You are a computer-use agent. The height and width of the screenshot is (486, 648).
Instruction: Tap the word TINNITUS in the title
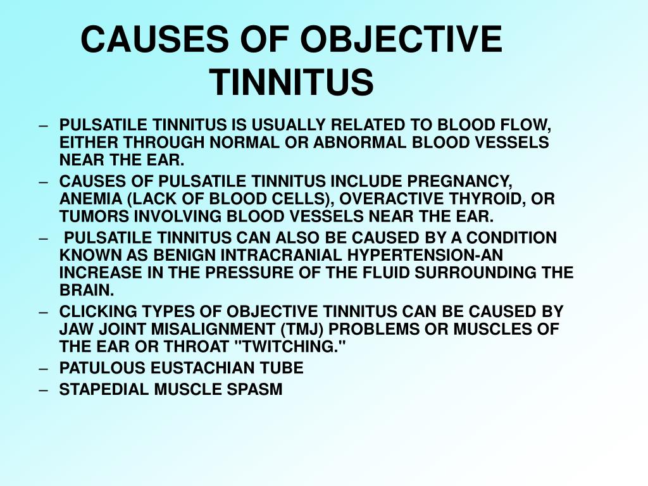tap(293, 82)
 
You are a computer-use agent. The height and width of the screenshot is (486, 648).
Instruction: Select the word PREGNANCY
tap(459, 182)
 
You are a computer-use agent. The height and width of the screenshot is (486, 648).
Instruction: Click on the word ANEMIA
tap(91, 199)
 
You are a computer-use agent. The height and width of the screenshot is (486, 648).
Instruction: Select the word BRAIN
tap(86, 290)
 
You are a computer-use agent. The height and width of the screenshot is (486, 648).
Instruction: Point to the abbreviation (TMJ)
tap(302, 329)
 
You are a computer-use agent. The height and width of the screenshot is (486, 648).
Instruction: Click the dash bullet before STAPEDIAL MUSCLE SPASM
tap(44, 390)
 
